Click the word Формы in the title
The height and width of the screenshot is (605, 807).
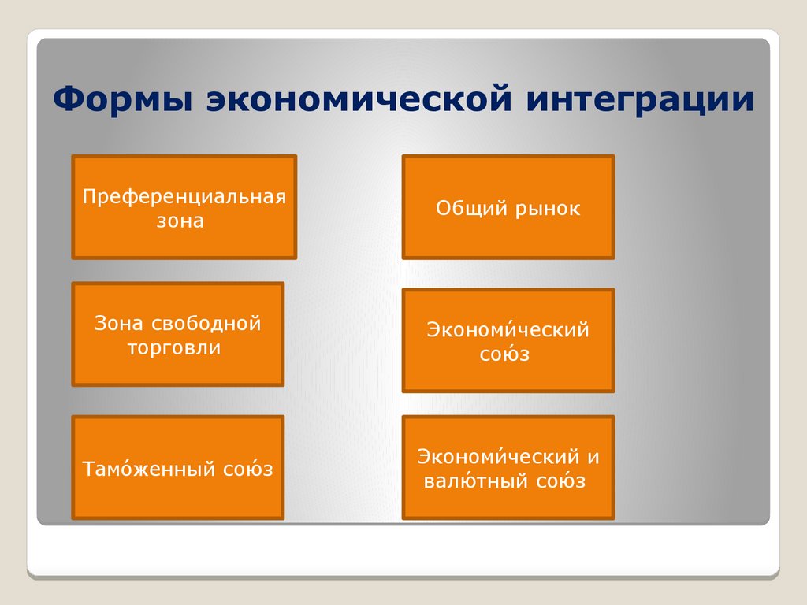pyautogui.click(x=122, y=98)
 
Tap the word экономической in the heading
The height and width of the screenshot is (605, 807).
pyautogui.click(x=359, y=98)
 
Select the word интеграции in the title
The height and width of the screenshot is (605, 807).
pyautogui.click(x=640, y=99)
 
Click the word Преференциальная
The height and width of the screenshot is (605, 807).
pyautogui.click(x=184, y=197)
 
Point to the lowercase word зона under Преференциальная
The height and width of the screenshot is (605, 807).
pyautogui.click(x=180, y=221)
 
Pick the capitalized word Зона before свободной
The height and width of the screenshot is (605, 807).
pyautogui.click(x=118, y=323)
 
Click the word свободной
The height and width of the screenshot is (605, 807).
pyautogui.click(x=206, y=323)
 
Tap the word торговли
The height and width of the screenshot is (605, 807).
pyautogui.click(x=174, y=348)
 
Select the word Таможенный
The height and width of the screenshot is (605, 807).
pyautogui.click(x=148, y=469)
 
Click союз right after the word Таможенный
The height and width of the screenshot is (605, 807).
pyautogui.click(x=247, y=469)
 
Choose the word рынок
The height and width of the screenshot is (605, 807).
pyautogui.click(x=548, y=209)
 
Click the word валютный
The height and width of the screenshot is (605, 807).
pyautogui.click(x=475, y=481)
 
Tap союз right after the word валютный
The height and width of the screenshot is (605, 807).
pyautogui.click(x=561, y=481)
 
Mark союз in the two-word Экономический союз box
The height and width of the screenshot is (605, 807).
pyautogui.click(x=504, y=354)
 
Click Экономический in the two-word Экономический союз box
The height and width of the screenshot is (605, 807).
pyautogui.click(x=508, y=329)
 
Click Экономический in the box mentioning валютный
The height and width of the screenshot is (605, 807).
pyautogui.click(x=499, y=456)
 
